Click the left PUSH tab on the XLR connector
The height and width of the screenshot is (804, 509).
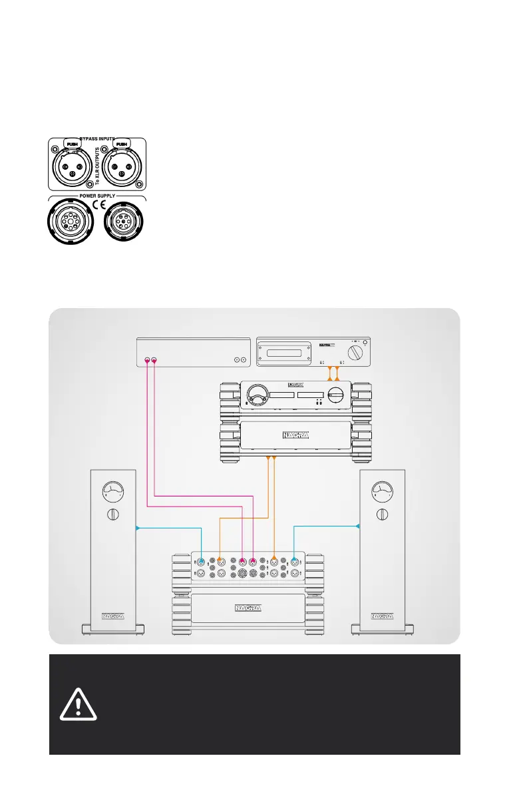(x=72, y=143)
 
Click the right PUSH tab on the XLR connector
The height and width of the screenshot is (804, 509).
(x=121, y=143)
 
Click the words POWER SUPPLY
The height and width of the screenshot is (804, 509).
(x=97, y=196)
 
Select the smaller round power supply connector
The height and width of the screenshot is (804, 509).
(x=123, y=221)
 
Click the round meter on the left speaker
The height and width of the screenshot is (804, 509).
(x=112, y=493)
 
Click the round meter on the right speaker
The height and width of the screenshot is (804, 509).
(x=382, y=493)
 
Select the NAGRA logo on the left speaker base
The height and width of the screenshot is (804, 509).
(x=112, y=615)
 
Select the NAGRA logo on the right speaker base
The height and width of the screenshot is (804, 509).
(x=382, y=615)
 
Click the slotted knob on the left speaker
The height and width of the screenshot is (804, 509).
(x=112, y=514)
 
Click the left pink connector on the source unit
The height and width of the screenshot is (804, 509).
(x=147, y=361)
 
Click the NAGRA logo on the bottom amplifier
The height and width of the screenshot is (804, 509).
(x=248, y=607)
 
